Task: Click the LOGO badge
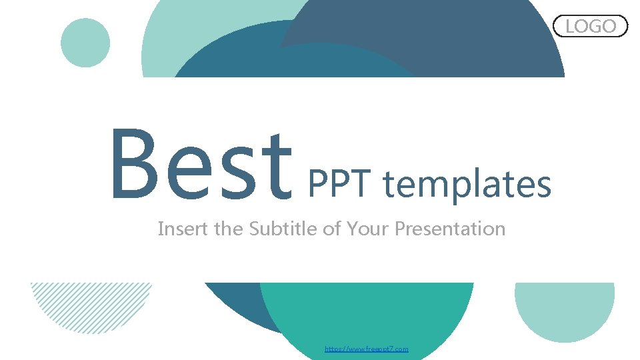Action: [591, 26]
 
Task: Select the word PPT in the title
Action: [341, 185]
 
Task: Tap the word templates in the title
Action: [467, 185]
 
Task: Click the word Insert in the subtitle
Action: [183, 229]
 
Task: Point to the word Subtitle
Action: [283, 229]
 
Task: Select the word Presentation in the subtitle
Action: [450, 229]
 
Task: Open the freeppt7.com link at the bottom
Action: [366, 349]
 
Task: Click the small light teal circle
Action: [85, 43]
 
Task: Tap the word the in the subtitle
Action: [229, 229]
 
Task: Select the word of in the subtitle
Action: [331, 229]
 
